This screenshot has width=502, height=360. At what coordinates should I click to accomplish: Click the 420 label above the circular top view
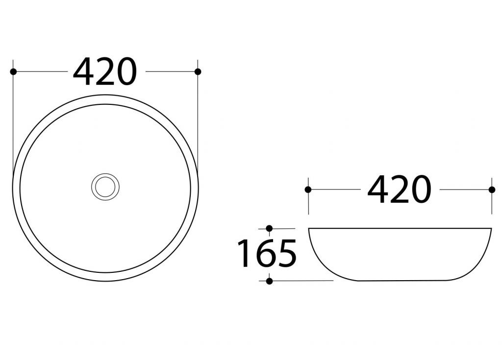(x=105, y=72)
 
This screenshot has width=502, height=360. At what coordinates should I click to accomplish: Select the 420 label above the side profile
(x=399, y=190)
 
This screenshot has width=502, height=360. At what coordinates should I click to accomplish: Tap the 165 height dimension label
(x=267, y=253)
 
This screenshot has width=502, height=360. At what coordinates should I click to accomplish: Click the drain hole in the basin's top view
(x=105, y=187)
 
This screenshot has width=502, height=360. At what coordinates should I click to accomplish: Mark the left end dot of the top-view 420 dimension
(x=13, y=72)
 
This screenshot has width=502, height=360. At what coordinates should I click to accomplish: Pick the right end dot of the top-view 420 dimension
(x=198, y=72)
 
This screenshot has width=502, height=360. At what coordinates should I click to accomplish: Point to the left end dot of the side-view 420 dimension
(x=308, y=190)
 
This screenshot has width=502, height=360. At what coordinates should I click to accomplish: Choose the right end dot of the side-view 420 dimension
(x=492, y=190)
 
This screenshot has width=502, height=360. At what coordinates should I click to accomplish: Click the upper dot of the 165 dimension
(x=269, y=228)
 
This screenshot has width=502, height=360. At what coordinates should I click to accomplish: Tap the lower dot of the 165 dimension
(x=269, y=281)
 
